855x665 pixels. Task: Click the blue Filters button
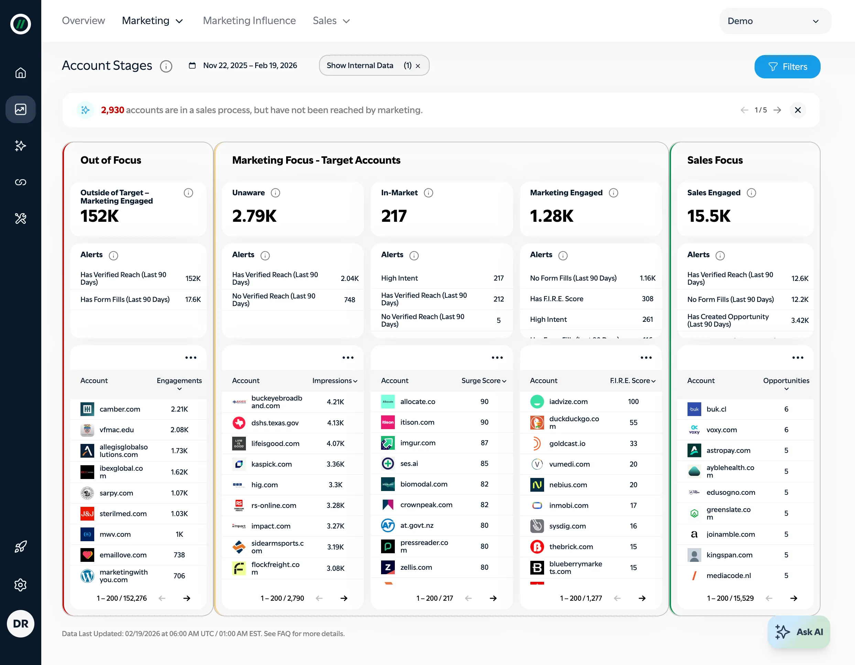[787, 67]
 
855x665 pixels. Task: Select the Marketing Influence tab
[249, 21]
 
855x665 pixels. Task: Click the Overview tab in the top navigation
[83, 21]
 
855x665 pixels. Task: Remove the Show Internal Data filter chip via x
[418, 66]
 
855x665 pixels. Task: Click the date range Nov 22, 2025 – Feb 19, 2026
[249, 65]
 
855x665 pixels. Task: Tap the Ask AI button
[799, 632]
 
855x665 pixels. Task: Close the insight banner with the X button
[798, 110]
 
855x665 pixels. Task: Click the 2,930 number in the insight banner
[112, 110]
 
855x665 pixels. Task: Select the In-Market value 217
[394, 216]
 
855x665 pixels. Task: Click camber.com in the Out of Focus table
[120, 409]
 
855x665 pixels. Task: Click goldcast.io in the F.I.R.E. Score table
[567, 444]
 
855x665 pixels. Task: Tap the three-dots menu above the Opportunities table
[798, 358]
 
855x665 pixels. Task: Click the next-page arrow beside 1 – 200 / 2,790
[344, 598]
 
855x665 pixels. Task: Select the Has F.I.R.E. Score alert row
[591, 299]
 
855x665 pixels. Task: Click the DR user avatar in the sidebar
[20, 623]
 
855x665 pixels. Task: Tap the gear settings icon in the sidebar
[20, 585]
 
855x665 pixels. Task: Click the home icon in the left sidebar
[20, 73]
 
